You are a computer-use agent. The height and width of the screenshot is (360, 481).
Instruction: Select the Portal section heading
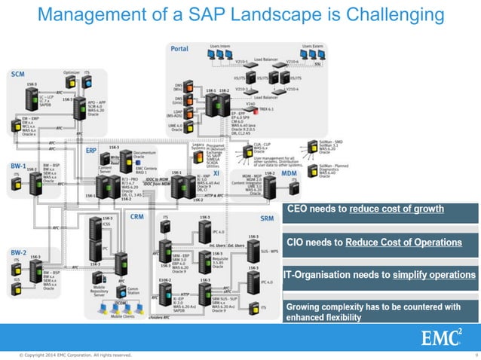click(179, 48)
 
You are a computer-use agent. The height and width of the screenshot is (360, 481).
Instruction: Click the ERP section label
click(91, 150)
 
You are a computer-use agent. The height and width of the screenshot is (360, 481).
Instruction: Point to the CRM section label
click(136, 216)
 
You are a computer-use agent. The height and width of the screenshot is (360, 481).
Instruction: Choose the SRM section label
click(267, 218)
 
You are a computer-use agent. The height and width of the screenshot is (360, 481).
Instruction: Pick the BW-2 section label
click(18, 252)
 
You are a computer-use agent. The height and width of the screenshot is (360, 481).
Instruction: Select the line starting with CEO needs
click(364, 209)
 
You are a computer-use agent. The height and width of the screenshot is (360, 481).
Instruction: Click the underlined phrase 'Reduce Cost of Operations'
click(398, 242)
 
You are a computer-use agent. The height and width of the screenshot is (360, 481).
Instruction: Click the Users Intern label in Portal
click(220, 47)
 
